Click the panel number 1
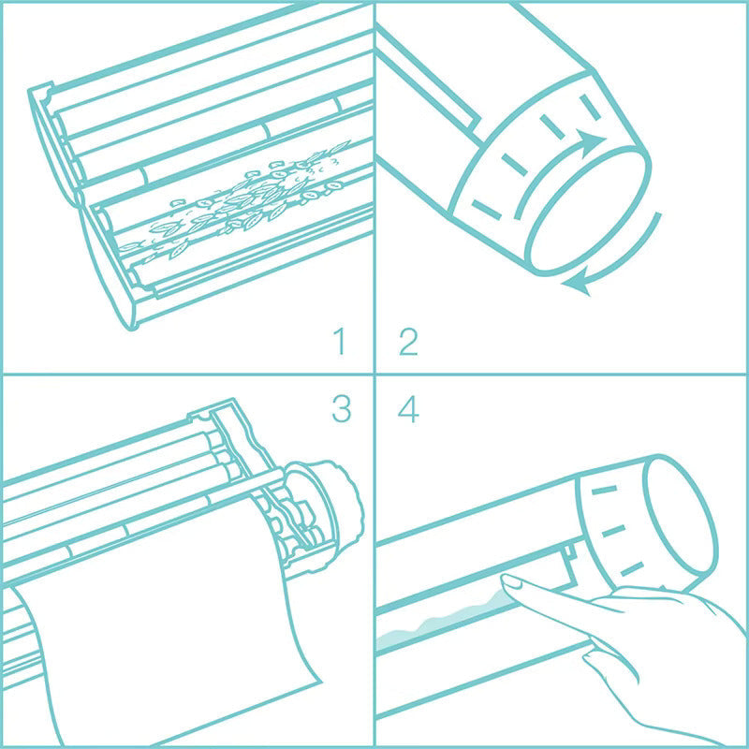[339, 341]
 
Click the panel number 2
[408, 341]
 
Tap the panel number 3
[340, 409]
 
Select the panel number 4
[408, 409]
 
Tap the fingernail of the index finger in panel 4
[512, 582]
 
